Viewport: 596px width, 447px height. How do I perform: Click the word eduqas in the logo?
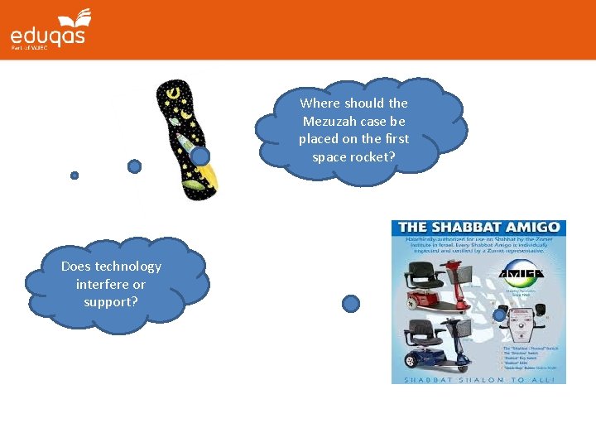pyautogui.click(x=47, y=36)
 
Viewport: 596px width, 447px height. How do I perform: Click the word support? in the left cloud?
pyautogui.click(x=110, y=301)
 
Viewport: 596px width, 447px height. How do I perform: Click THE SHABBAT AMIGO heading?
pyautogui.click(x=478, y=228)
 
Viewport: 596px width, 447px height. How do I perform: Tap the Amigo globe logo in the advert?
pyautogui.click(x=523, y=274)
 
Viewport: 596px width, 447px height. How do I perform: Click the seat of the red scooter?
pyautogui.click(x=418, y=276)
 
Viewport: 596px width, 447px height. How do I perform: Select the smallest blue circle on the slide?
pyautogui.click(x=74, y=175)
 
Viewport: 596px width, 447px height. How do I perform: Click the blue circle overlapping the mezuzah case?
pyautogui.click(x=199, y=155)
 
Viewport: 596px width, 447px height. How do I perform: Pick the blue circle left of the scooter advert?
pyautogui.click(x=351, y=304)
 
